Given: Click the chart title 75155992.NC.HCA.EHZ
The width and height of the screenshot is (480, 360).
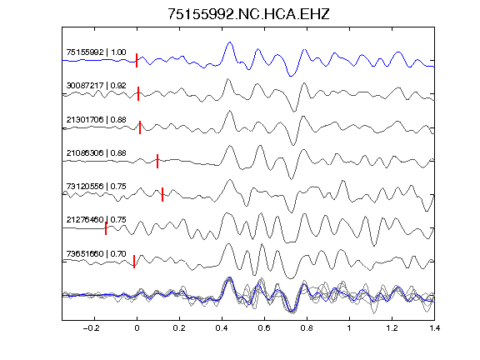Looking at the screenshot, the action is pos(248,14).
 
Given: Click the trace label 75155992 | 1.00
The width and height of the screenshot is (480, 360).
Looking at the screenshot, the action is pos(96,52).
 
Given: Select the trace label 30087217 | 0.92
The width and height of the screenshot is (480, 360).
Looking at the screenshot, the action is pos(96,86).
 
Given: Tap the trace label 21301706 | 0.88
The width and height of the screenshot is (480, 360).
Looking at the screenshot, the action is pos(96,120).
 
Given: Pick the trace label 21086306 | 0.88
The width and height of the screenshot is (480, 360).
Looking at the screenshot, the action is pos(96,153).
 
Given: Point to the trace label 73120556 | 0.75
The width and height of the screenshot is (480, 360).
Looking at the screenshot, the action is pos(96,187).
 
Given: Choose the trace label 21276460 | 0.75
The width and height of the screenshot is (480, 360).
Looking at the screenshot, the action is pos(96,220).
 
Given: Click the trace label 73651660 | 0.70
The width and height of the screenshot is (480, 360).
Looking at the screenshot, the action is pos(96,254).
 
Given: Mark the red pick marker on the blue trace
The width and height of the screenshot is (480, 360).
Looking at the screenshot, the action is pos(137,60).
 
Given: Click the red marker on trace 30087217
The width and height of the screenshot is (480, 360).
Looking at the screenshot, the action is pos(138,93).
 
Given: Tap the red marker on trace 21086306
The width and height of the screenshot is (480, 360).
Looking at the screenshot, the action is pos(157,162).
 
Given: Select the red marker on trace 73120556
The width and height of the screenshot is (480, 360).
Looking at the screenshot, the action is pos(162,195).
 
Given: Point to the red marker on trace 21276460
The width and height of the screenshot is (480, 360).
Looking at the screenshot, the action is pos(106,228).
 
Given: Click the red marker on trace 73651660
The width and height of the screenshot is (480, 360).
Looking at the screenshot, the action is pos(134,262).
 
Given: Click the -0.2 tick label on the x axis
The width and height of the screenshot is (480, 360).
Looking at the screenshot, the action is pos(91,328).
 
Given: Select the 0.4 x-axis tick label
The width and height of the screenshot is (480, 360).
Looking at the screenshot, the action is pos(222,328).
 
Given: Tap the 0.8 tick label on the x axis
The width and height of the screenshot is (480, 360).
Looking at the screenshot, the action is pos(307,328).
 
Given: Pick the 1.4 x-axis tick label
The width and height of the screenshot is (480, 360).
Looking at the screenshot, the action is pos(434,328).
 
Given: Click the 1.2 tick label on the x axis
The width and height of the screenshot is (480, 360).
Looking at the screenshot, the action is pos(392,328).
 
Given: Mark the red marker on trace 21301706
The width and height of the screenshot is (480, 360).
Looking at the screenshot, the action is pos(140,127).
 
